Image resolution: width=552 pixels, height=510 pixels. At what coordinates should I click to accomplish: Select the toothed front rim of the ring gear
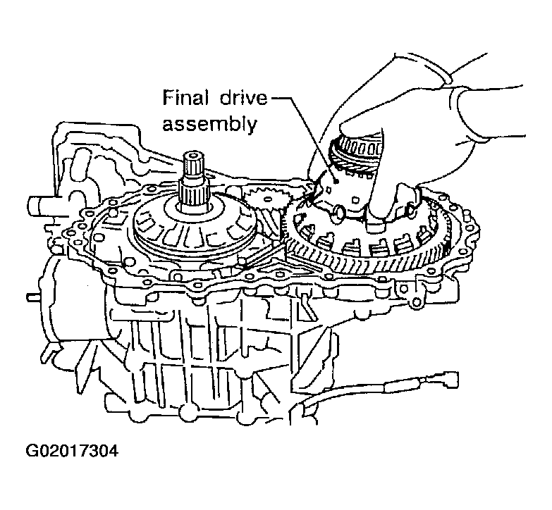pyautogui.click(x=367, y=271)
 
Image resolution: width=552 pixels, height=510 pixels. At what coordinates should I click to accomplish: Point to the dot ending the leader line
pyautogui.click(x=338, y=180)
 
